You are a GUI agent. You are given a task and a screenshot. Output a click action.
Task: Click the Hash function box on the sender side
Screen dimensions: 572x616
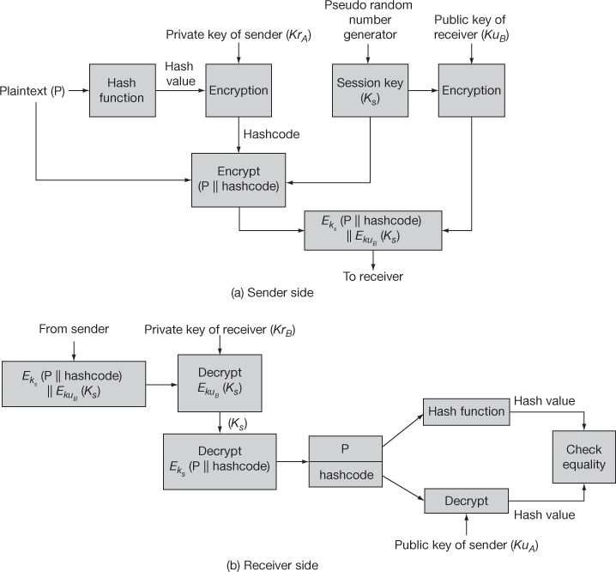[121, 90]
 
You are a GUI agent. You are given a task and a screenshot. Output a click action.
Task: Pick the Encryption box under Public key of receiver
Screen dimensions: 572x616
[470, 90]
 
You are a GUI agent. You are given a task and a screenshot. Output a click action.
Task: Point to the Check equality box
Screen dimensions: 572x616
[584, 457]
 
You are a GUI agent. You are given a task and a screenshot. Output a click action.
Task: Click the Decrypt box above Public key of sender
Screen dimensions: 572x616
[466, 501]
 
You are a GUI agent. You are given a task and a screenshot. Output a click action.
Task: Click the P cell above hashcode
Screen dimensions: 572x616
[345, 449]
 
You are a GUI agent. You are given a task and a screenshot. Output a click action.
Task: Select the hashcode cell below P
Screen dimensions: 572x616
[345, 473]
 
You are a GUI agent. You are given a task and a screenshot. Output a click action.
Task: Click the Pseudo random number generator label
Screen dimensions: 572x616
[368, 21]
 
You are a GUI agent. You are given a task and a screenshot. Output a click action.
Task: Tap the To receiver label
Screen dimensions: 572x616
[372, 276]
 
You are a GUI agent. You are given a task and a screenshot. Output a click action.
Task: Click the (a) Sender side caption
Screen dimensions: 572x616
[272, 292]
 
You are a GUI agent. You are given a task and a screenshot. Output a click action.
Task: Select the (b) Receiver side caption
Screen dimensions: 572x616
[271, 565]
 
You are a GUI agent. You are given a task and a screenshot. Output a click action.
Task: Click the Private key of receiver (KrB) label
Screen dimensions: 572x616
[220, 330]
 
